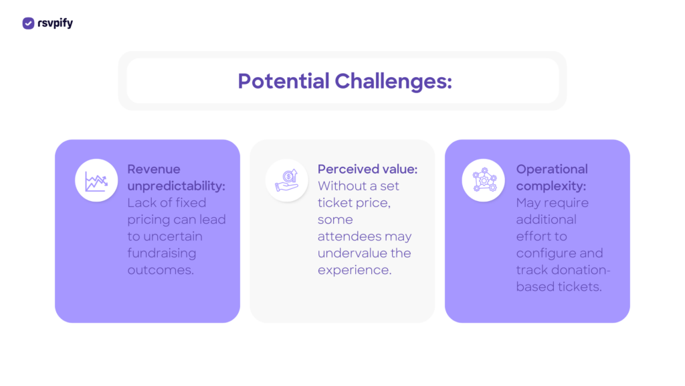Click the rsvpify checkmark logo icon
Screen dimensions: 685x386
click(28, 23)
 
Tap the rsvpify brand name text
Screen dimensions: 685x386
click(55, 23)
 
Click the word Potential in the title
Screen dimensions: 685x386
click(284, 81)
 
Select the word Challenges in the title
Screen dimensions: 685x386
click(393, 81)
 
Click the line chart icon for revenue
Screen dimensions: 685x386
click(96, 181)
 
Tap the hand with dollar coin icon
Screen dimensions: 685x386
click(286, 180)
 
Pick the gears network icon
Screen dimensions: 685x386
click(484, 180)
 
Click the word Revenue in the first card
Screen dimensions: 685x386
click(154, 170)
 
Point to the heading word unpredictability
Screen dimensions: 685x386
click(176, 186)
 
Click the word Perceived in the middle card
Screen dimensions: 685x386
click(345, 170)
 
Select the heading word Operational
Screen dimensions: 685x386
click(552, 170)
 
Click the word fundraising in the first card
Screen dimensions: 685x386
click(162, 253)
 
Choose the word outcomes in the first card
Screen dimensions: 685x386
click(161, 270)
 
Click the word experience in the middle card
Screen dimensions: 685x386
click(355, 271)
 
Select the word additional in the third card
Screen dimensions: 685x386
click(546, 219)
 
